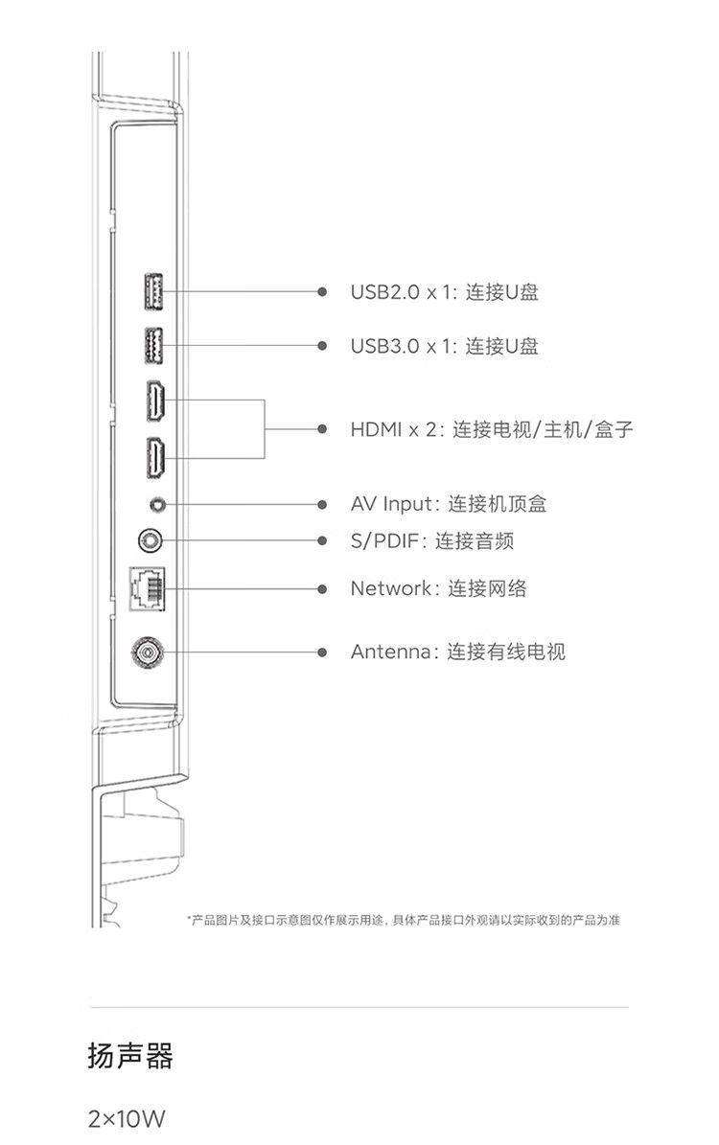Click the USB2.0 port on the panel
152,291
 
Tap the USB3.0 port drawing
152,346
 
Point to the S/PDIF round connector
151,541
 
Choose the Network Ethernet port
147,588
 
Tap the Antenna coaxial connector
149,653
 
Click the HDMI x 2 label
391,429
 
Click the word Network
391,588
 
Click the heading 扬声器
130,1057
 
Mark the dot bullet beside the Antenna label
323,653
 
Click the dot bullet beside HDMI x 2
323,429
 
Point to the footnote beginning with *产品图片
403,921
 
